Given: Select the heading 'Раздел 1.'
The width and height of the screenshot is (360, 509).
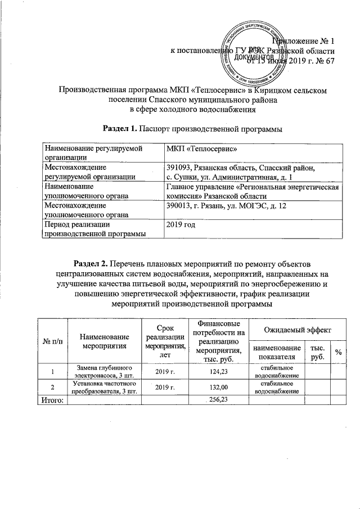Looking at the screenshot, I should click(119, 129).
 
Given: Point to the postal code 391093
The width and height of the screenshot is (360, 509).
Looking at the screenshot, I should click(179, 168).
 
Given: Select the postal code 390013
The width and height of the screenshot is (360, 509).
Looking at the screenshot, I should click(179, 208).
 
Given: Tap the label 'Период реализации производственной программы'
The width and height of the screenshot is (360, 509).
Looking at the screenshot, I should click(96, 229).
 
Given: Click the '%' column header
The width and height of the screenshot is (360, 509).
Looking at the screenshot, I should click(338, 352).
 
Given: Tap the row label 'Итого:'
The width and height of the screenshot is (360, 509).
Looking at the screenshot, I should click(51, 399).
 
